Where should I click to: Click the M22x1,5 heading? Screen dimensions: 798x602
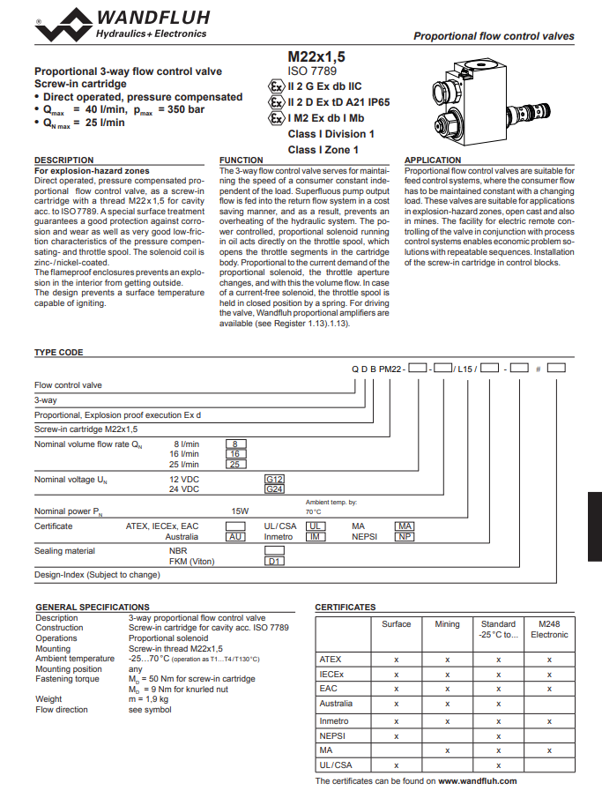316,55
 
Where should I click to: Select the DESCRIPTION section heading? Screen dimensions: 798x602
63,160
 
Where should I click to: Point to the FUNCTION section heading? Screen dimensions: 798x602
241,160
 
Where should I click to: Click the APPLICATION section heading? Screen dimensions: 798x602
433,160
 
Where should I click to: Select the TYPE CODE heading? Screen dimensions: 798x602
58,352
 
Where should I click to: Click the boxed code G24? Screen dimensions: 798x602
274,488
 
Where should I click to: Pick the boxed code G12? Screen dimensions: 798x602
274,479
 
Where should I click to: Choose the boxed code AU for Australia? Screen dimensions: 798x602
234,536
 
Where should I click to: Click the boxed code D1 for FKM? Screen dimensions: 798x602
274,561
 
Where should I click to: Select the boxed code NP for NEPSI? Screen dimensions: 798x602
404,536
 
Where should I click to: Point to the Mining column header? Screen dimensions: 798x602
447,624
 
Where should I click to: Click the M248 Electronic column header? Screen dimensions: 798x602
549,629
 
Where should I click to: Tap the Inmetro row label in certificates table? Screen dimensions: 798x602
334,720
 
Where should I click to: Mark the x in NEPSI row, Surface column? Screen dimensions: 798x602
397,735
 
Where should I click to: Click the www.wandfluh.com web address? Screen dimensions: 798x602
477,780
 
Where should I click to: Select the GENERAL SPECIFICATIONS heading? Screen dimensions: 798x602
92,608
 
